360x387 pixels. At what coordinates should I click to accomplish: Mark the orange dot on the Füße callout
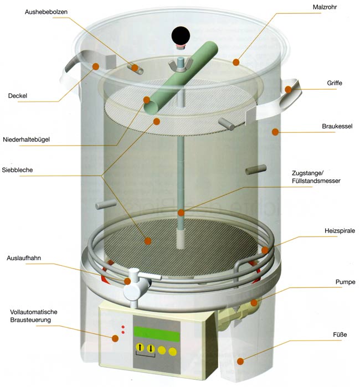coord(240,362)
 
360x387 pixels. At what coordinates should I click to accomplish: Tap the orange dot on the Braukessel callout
coord(274,131)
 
